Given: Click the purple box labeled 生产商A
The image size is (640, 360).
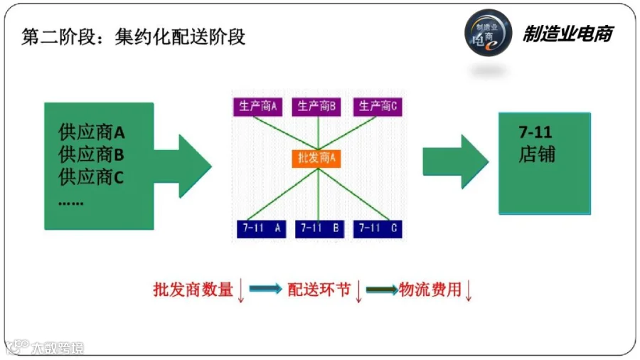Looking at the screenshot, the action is point(257,107).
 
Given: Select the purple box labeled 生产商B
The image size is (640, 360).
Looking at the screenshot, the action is point(316,107).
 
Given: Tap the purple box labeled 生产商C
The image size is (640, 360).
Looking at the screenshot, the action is point(378,107).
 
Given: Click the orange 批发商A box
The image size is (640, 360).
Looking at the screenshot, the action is point(316,159).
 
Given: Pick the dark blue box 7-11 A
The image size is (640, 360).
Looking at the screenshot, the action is point(261,229).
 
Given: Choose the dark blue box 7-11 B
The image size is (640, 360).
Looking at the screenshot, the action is point(319,229).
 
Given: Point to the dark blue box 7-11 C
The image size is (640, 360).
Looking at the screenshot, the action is point(378,229).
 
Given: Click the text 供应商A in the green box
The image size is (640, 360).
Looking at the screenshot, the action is point(92,132).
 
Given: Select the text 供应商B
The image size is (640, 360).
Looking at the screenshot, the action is point(91,154).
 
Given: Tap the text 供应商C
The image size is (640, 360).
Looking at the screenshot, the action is point(91,177).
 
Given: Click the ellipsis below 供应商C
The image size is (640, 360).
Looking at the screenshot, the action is point(71,203).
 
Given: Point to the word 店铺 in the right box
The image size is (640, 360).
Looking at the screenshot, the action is point(537,154).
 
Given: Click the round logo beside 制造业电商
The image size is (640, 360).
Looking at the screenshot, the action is point(488,33).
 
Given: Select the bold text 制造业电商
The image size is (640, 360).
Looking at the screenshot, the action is point(568,34).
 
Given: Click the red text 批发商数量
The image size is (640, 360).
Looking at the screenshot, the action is point(193,290).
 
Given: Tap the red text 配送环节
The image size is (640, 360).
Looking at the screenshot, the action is point(319,290).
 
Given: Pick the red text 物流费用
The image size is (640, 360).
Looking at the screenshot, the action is point(430,290).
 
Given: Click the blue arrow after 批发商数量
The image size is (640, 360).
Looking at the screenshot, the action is point(265,289).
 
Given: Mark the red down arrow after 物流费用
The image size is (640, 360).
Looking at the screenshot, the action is point(469,290).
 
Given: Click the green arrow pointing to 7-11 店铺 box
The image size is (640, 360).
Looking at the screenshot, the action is point(456,162).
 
